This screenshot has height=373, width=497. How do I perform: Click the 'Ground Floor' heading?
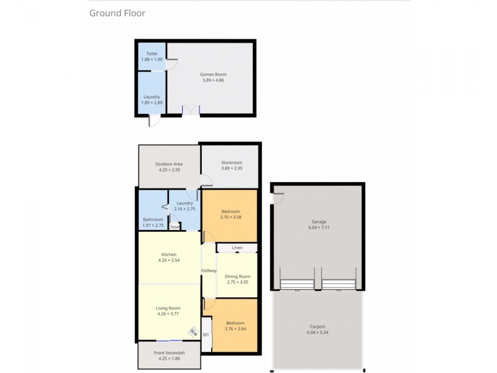click(117, 13)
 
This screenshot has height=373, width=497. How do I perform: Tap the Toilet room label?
click(152, 53)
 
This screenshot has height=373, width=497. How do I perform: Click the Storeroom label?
click(231, 163)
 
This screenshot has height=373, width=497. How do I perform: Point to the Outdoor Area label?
click(169, 164)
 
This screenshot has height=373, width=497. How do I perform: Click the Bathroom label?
click(152, 219)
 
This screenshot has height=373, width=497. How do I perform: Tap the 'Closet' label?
click(175, 227)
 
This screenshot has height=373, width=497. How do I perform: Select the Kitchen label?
click(169, 254)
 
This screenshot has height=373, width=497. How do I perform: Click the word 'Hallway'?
click(209, 270)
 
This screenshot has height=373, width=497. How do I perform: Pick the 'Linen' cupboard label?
click(237, 248)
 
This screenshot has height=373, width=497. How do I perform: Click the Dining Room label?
click(237, 276)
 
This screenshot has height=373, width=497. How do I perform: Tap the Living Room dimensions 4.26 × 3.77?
click(168, 314)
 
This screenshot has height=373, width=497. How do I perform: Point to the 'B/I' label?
click(206, 335)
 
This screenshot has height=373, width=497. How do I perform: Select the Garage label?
click(319, 221)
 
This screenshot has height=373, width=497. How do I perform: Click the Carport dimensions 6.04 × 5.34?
click(317, 333)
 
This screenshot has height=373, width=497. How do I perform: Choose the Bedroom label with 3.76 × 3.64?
click(235, 323)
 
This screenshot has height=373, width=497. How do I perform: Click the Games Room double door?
click(191, 111)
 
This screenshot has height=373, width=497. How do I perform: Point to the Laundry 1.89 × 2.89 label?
click(152, 96)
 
